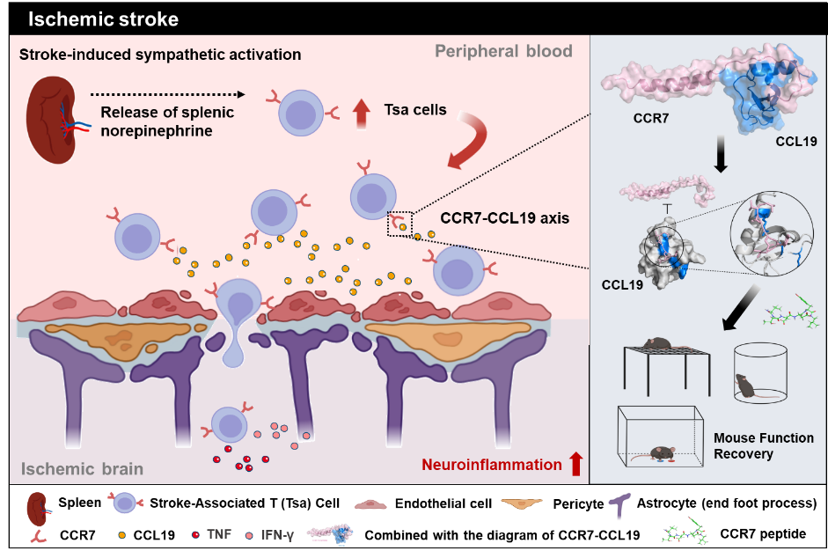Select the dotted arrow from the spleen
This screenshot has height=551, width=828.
[166, 93]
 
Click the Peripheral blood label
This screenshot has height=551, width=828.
[503, 51]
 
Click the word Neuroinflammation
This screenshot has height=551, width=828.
[491, 464]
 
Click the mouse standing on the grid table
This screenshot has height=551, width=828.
[657, 342]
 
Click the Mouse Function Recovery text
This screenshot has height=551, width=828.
[763, 445]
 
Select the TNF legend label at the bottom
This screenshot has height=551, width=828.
[219, 533]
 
